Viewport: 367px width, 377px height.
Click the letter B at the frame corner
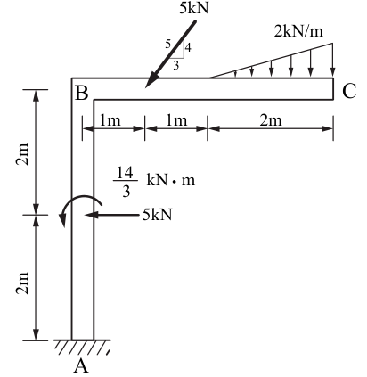tap(82, 93)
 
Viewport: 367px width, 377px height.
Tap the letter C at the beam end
tap(349, 91)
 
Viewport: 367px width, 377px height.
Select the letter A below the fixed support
tap(81, 365)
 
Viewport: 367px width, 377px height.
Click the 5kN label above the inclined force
tap(194, 8)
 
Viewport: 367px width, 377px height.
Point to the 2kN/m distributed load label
tap(298, 31)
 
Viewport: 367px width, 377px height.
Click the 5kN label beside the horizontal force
tap(158, 214)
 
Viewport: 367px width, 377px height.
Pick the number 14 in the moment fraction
tap(125, 173)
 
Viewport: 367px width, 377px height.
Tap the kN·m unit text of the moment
tap(171, 180)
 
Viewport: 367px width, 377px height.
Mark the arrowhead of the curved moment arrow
tap(62, 220)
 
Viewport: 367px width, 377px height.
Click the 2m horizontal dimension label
tap(271, 120)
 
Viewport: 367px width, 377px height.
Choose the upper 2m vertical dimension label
tap(23, 154)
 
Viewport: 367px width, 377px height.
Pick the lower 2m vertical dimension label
tap(23, 283)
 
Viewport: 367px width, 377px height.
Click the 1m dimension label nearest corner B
tap(110, 120)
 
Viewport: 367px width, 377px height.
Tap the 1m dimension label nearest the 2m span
tap(176, 120)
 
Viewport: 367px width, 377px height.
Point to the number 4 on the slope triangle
tap(188, 47)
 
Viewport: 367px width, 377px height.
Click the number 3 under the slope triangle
tap(176, 65)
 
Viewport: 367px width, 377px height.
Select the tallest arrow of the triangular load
tap(332, 60)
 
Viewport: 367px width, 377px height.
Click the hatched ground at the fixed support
tap(82, 348)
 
